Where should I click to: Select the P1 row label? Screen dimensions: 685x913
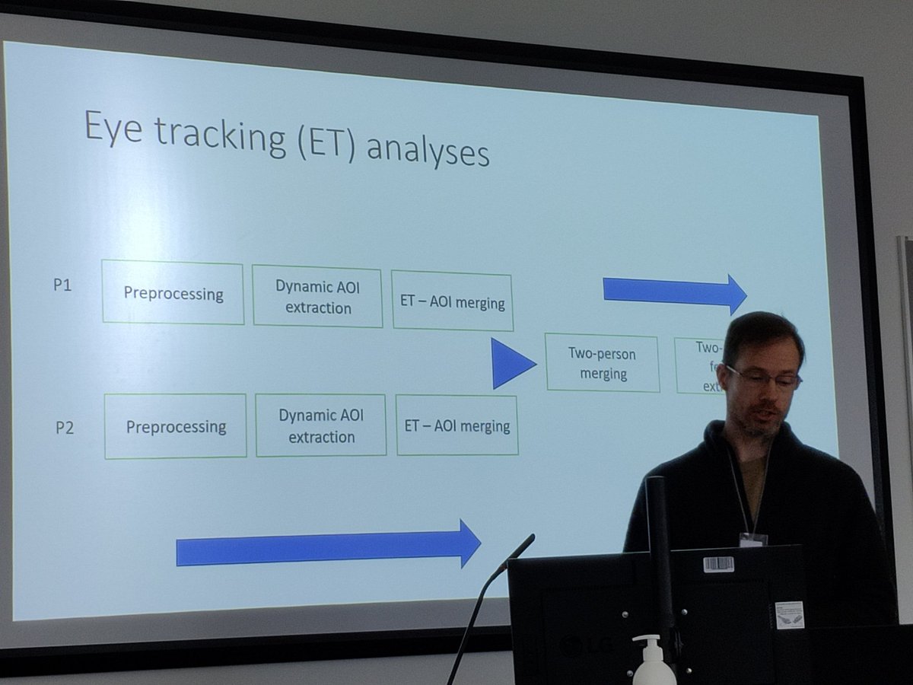click(x=64, y=287)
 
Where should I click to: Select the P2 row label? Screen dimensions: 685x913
click(x=65, y=427)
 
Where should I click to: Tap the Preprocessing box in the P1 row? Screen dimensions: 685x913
click(x=173, y=293)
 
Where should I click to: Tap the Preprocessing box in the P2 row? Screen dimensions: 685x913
click(x=176, y=426)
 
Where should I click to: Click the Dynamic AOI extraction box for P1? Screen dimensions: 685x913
click(x=317, y=297)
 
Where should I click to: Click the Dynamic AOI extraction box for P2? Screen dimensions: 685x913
click(x=321, y=425)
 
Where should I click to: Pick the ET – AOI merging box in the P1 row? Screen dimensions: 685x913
click(x=453, y=301)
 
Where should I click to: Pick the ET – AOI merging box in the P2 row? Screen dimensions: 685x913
click(x=456, y=425)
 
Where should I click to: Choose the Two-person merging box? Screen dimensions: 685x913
click(x=602, y=364)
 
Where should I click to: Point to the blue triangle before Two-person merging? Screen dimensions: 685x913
click(x=511, y=363)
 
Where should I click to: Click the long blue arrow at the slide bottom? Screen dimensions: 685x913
click(x=328, y=544)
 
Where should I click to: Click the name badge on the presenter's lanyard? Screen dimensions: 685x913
click(x=752, y=539)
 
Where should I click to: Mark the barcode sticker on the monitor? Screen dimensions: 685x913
click(x=717, y=564)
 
